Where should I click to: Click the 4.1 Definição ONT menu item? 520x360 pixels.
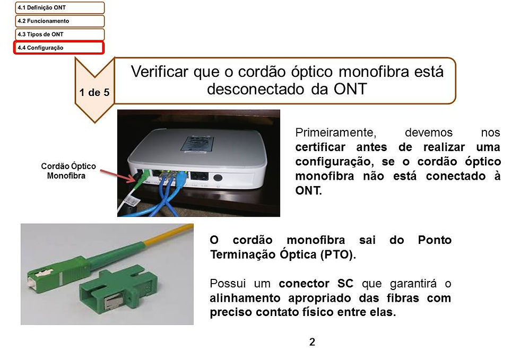point(59,7)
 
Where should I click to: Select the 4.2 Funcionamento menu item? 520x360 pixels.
point(59,21)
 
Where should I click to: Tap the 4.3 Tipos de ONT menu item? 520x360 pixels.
point(59,34)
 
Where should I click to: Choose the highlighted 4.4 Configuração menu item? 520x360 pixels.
point(59,47)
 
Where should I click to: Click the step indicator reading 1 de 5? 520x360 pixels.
point(94,92)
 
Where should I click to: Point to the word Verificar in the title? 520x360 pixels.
point(160,72)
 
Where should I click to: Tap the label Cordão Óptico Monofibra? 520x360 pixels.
point(68,171)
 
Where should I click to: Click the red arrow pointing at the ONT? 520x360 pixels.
point(118,176)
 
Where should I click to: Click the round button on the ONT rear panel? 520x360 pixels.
point(218,177)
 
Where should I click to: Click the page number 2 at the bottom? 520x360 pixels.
point(312,342)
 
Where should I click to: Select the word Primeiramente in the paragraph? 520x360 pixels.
point(335,133)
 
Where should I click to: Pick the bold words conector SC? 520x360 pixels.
point(316,284)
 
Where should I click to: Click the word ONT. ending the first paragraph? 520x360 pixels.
point(308,191)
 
